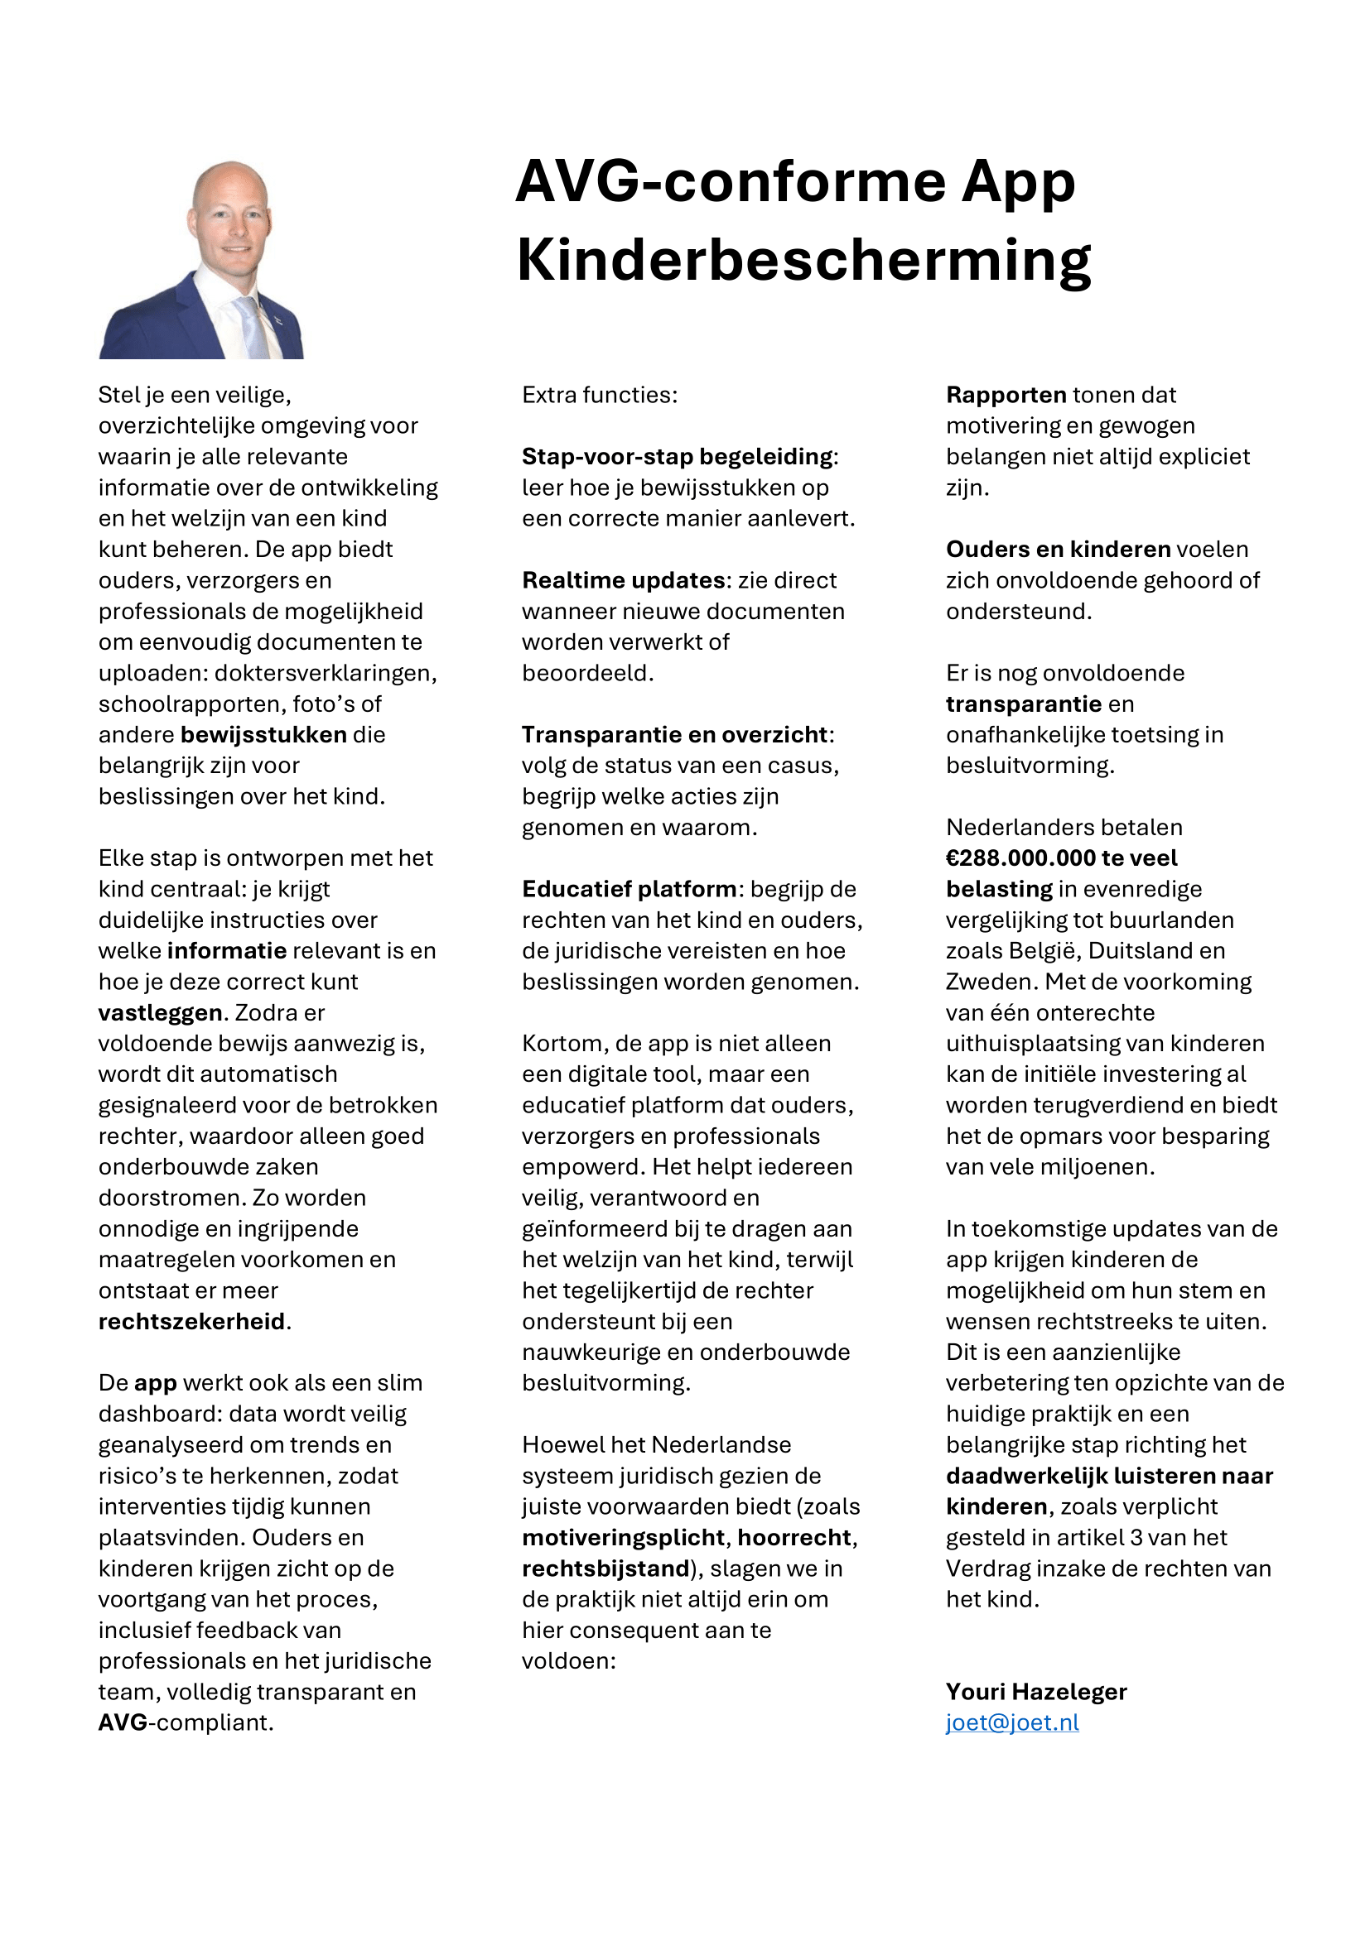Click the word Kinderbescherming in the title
(x=803, y=260)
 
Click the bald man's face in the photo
(x=230, y=221)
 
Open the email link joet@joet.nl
(x=1011, y=1722)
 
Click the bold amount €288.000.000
(x=1020, y=858)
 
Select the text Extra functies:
(x=600, y=395)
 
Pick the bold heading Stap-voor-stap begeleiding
(x=678, y=456)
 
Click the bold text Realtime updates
(x=624, y=580)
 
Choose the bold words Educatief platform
(x=630, y=889)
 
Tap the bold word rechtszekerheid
(x=192, y=1321)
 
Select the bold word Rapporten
(x=1006, y=395)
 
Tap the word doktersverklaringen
(x=325, y=673)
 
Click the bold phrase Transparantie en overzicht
(x=675, y=734)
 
